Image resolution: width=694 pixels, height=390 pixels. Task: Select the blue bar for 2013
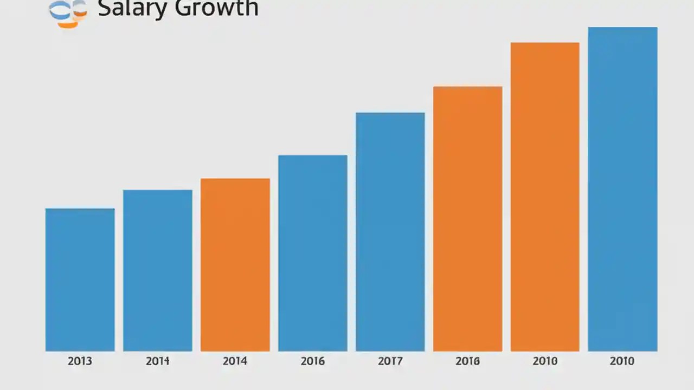[x=80, y=279]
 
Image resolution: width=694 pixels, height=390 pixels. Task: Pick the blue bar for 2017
[x=390, y=232]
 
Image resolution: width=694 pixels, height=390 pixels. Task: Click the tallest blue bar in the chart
[x=622, y=189]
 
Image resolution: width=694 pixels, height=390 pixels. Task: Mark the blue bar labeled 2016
[x=312, y=253]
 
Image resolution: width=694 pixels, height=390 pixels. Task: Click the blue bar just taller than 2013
[x=157, y=270]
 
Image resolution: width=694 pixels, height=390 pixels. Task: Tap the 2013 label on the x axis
[x=80, y=361]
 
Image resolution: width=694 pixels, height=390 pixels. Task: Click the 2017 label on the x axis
[x=390, y=361]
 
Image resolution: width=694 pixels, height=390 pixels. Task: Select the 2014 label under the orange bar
[x=235, y=361]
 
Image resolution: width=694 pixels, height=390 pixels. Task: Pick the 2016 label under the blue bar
[x=312, y=361]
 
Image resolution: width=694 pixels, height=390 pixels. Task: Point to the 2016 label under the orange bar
[x=467, y=361]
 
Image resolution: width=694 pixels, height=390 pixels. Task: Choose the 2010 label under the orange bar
[x=545, y=361]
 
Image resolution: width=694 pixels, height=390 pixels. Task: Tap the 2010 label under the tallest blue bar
[x=622, y=361]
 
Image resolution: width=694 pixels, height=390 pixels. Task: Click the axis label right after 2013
[x=157, y=361]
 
